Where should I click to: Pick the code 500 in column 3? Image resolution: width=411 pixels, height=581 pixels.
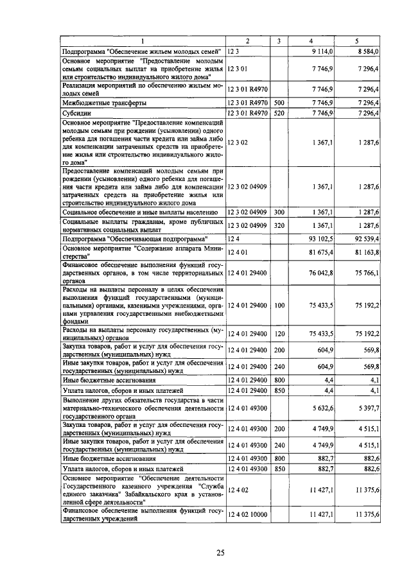click(x=279, y=103)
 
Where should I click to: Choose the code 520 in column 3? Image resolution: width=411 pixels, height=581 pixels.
click(x=279, y=113)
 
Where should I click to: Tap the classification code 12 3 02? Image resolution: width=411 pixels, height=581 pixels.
click(x=238, y=142)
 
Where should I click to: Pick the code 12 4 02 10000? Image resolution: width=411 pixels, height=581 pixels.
click(x=247, y=515)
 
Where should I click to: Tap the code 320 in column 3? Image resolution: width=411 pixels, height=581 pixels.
click(x=279, y=225)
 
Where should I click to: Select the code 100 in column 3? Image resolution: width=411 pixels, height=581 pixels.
click(x=279, y=306)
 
